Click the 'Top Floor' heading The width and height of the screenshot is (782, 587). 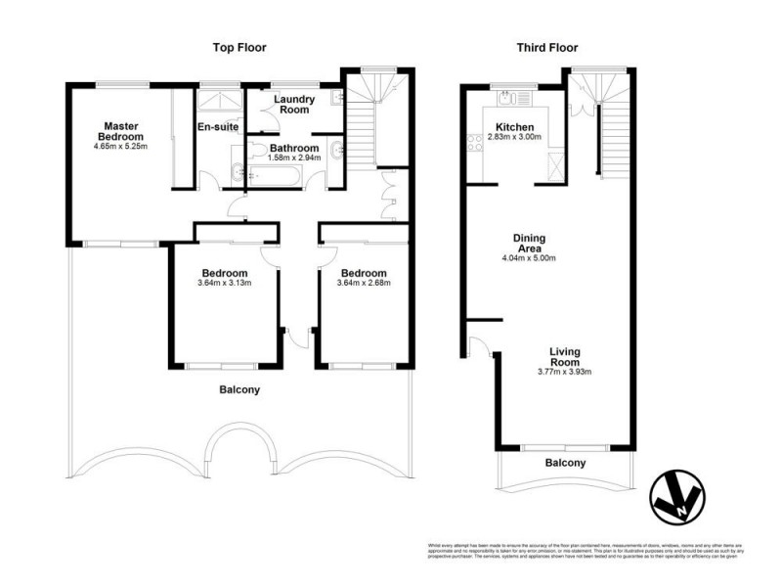(239, 47)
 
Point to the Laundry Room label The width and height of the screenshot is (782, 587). (293, 105)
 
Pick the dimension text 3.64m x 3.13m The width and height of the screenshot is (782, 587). (225, 285)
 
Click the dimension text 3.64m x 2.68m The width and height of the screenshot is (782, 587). (364, 285)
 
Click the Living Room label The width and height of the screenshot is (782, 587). (566, 358)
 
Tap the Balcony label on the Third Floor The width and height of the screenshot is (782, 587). (565, 463)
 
